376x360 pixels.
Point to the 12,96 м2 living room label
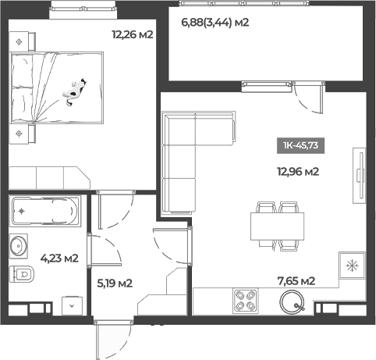[300, 172]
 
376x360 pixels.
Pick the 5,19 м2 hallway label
[113, 283]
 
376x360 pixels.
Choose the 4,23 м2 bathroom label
[59, 258]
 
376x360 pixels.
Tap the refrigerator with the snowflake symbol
[351, 266]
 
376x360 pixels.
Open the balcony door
[309, 98]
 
